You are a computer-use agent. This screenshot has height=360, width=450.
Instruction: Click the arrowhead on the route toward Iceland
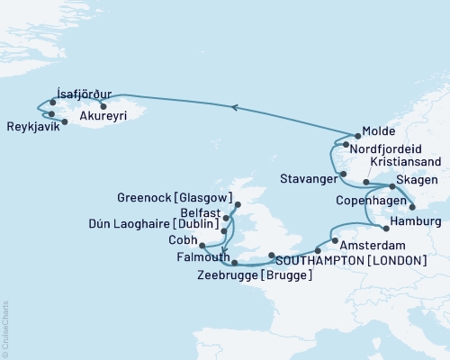(234, 107)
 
